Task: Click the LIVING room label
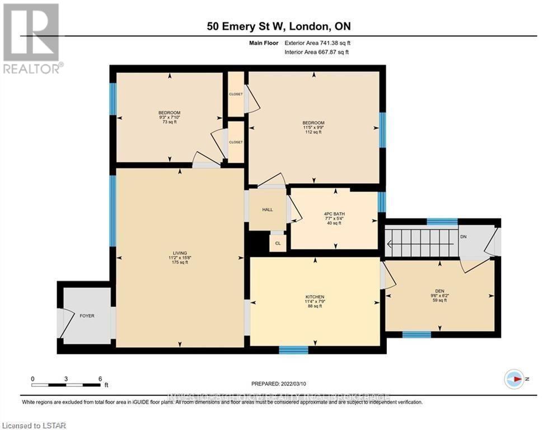click(180, 253)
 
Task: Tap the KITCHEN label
click(315, 297)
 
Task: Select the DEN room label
click(439, 291)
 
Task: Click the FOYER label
click(87, 316)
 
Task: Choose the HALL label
click(267, 209)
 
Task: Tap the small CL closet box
click(278, 243)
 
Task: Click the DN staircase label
click(462, 237)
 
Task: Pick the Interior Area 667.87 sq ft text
click(317, 52)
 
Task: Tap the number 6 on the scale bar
click(100, 378)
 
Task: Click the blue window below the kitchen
click(293, 350)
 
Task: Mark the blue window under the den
click(416, 335)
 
